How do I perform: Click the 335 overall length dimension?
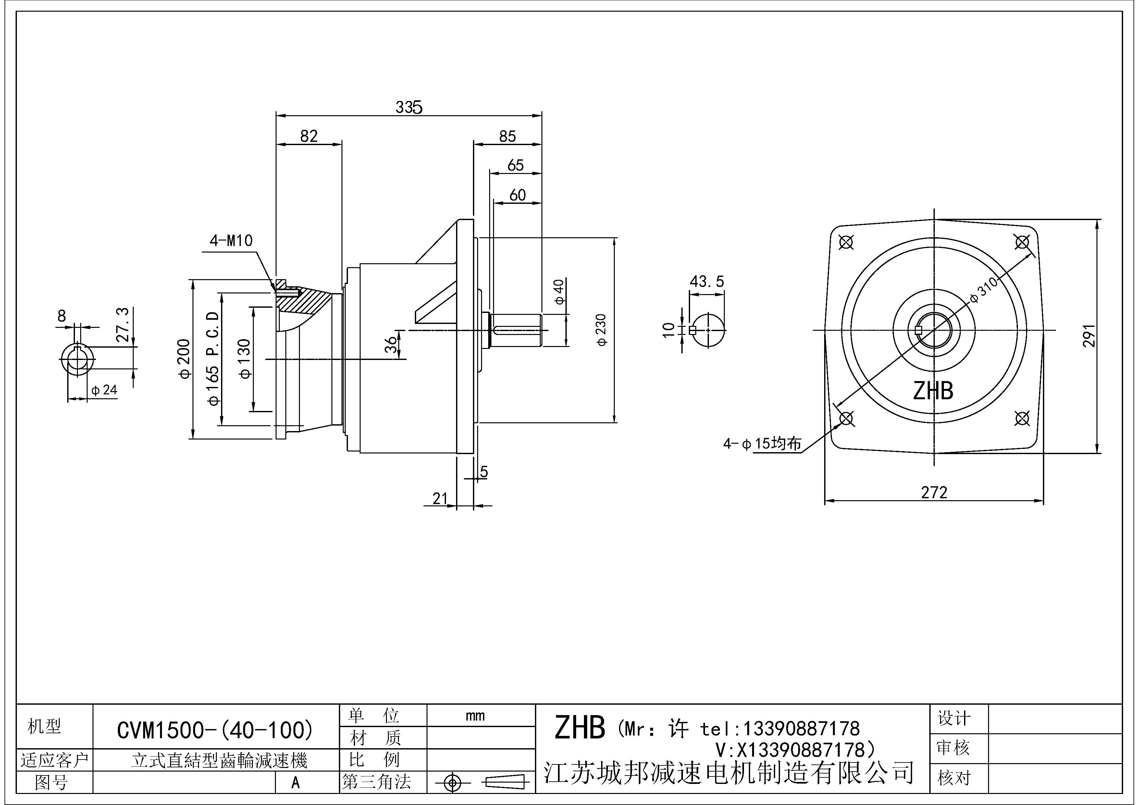(x=409, y=107)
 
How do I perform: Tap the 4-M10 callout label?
(x=231, y=241)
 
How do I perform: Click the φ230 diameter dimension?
(x=601, y=330)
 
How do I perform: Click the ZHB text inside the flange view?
(x=933, y=391)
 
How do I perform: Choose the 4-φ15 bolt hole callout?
(x=762, y=443)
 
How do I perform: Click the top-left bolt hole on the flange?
(x=846, y=242)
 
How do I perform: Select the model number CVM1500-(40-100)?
(x=215, y=730)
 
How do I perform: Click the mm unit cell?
(x=475, y=716)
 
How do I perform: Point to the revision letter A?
(x=295, y=783)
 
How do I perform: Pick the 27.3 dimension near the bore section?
(x=122, y=325)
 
